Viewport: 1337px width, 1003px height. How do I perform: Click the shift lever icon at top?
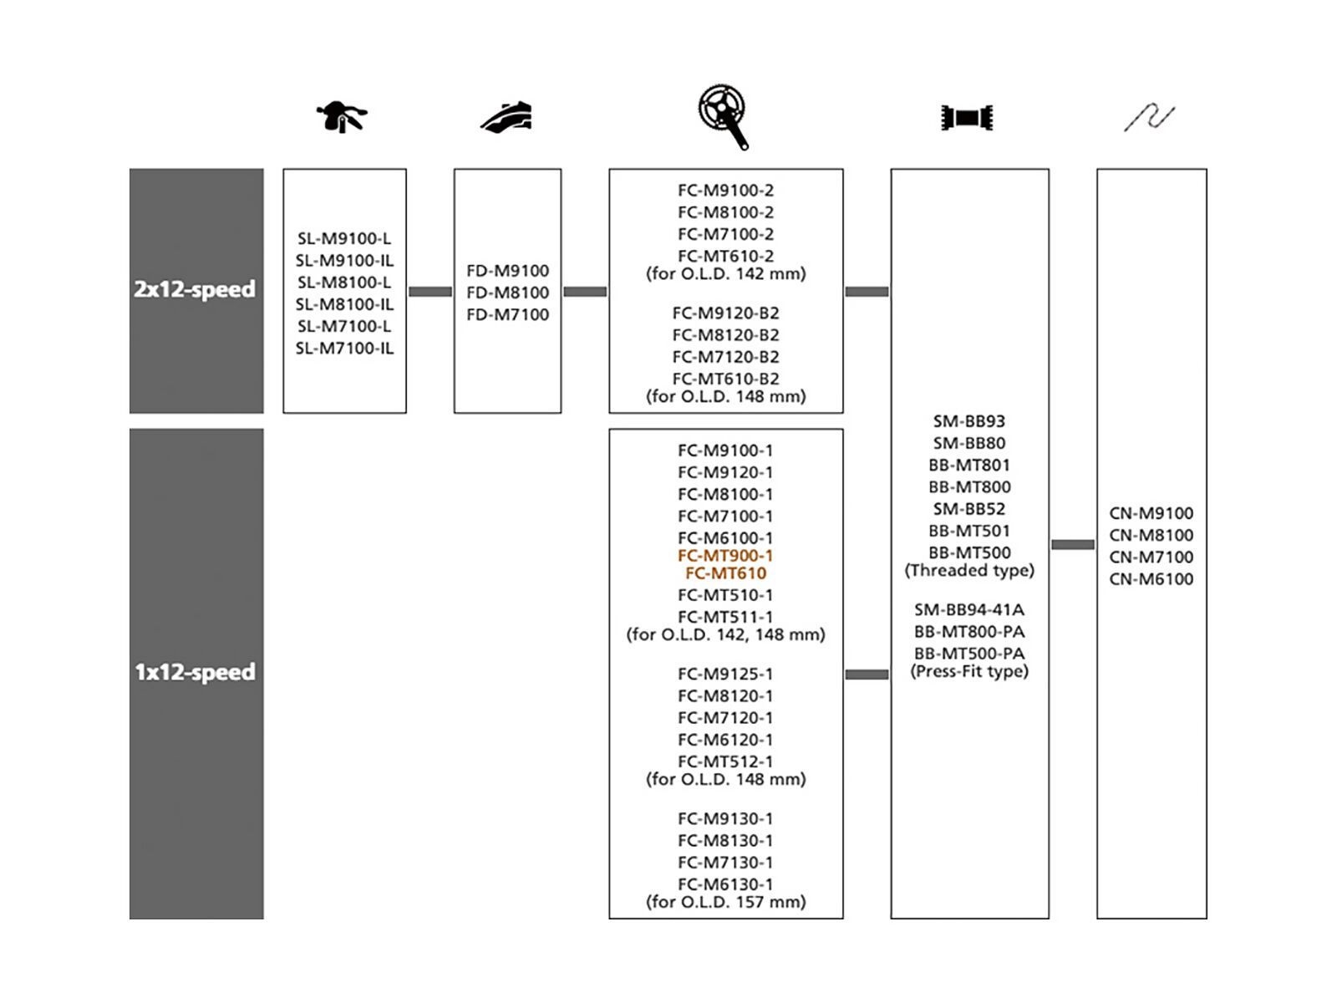click(x=342, y=116)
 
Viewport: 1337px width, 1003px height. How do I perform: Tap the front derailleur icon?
click(x=506, y=116)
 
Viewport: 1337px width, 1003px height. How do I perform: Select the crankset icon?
click(x=724, y=116)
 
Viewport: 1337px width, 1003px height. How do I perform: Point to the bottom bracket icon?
click(x=967, y=117)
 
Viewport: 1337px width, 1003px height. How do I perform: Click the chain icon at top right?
click(x=1149, y=117)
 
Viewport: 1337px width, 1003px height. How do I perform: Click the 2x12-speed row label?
click(x=196, y=289)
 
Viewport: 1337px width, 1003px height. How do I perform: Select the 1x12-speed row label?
click(x=196, y=672)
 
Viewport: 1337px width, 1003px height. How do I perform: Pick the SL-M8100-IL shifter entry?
click(x=344, y=304)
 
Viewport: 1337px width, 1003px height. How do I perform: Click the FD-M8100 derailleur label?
click(x=508, y=293)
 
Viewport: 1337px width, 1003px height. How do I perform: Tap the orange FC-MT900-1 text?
click(x=725, y=556)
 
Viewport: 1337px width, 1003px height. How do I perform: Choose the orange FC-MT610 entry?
click(x=725, y=573)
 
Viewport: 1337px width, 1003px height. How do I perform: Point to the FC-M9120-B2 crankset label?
click(x=725, y=313)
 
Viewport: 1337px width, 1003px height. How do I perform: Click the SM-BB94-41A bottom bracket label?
click(x=969, y=610)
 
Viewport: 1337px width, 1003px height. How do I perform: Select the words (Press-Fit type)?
click(x=969, y=671)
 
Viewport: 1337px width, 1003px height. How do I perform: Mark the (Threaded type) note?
click(x=969, y=570)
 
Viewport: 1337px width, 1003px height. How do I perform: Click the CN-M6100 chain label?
click(x=1151, y=579)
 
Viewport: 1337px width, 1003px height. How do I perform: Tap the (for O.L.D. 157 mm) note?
click(x=725, y=902)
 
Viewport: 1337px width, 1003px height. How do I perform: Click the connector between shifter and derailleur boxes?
click(x=430, y=292)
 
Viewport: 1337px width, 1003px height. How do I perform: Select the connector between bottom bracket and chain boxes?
click(x=1073, y=545)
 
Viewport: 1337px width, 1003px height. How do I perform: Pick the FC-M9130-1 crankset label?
click(x=725, y=819)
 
